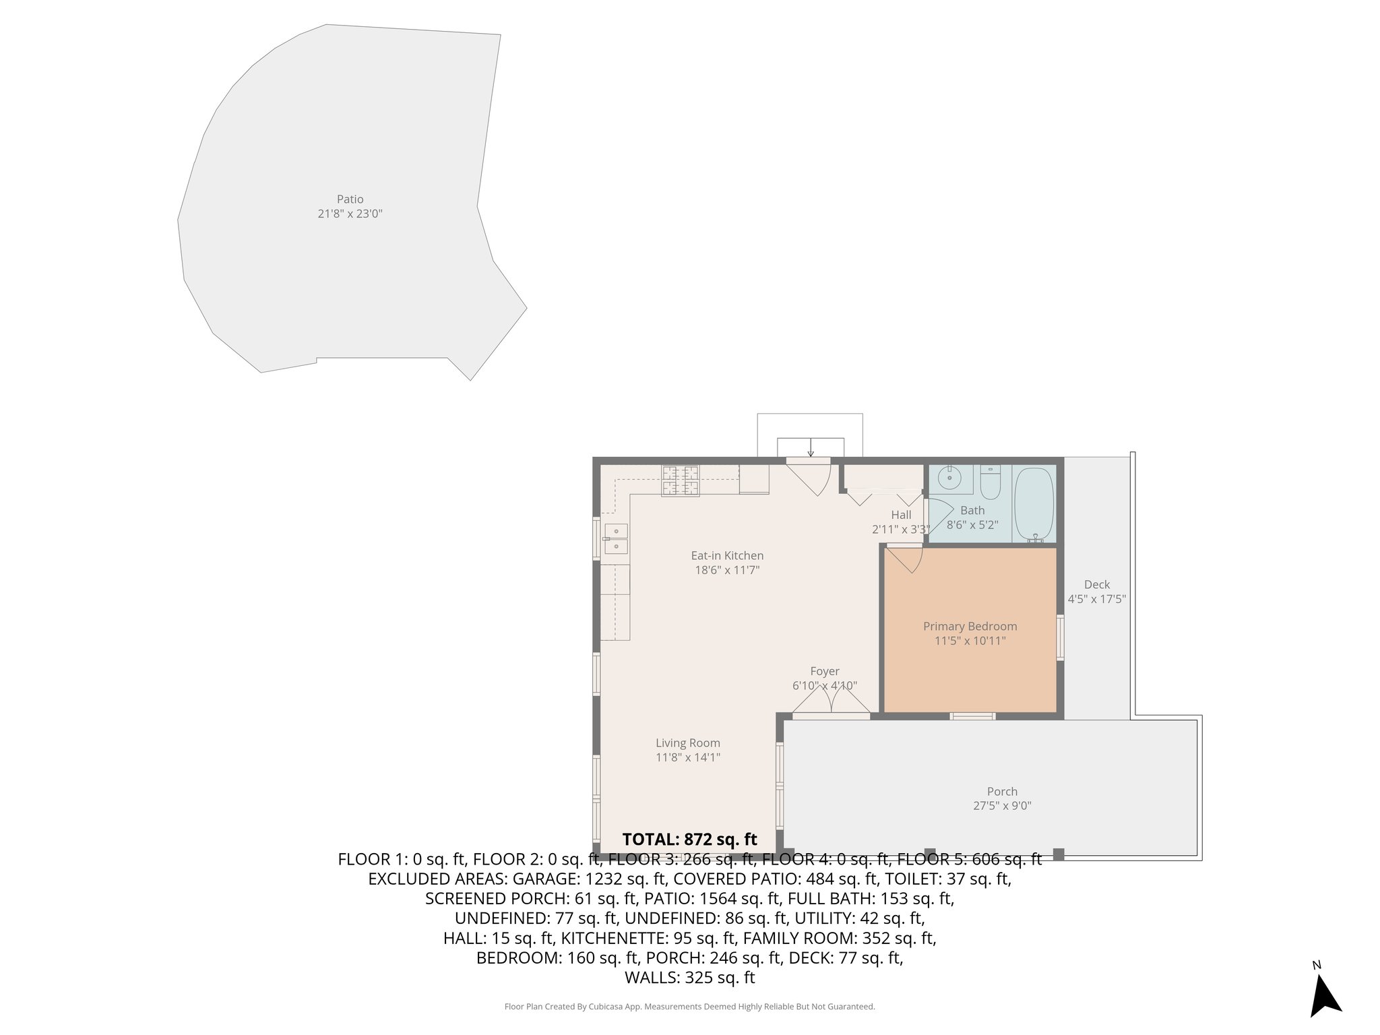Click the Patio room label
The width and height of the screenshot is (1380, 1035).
point(350,199)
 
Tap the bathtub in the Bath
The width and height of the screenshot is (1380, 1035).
point(1034,503)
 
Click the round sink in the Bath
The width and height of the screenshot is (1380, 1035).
point(951,478)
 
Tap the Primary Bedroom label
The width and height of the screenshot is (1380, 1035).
point(970,626)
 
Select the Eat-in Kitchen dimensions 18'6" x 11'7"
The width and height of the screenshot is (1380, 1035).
point(727,570)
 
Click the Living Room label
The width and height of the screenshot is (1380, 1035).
point(687,743)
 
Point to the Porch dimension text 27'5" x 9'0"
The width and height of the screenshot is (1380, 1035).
point(1002,805)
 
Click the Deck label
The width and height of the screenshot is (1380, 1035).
point(1096,584)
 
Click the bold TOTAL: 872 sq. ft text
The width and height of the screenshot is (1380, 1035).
point(689,839)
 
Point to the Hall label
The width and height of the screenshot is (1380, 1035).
point(901,515)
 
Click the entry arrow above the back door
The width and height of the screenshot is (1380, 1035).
point(810,447)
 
